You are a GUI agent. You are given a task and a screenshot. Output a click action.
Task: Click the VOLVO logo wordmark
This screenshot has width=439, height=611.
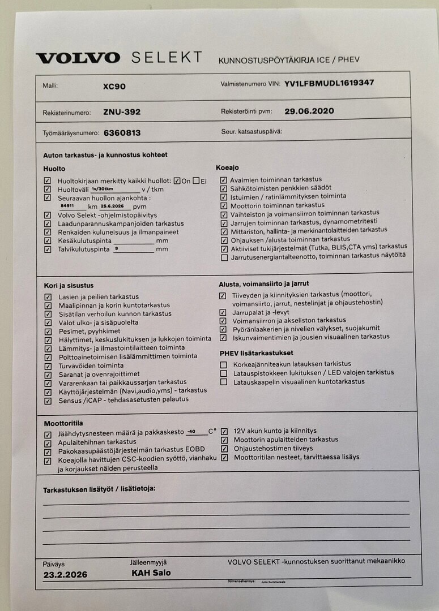[x=78, y=58]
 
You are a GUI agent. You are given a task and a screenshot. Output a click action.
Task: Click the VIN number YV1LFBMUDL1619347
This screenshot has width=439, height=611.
[x=329, y=83]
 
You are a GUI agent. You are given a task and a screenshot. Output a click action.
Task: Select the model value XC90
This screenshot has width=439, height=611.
[x=114, y=87]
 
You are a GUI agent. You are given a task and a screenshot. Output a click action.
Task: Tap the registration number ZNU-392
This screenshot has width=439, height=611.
[x=122, y=112]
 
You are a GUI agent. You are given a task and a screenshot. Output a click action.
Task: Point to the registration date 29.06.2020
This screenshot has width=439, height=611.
[x=309, y=111]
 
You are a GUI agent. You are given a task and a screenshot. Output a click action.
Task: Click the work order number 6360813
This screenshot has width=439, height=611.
[x=122, y=133]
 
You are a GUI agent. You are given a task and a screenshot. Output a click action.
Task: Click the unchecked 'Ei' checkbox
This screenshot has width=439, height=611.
[x=196, y=181]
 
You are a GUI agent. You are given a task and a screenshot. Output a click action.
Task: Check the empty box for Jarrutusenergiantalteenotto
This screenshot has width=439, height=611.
[x=225, y=257]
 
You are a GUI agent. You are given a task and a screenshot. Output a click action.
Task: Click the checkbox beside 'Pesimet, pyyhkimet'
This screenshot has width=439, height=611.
[x=48, y=332]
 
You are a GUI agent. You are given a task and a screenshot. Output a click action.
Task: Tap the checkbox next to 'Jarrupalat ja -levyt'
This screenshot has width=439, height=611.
[x=223, y=312]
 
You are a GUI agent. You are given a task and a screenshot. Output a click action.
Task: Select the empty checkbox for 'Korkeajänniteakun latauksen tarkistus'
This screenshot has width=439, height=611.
[x=224, y=365]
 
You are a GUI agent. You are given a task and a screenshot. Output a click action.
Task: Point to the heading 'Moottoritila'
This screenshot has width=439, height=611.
[x=63, y=423]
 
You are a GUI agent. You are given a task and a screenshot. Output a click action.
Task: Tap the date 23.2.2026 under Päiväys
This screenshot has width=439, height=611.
[x=65, y=575]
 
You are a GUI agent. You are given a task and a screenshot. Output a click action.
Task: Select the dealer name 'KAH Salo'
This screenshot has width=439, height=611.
[x=151, y=573]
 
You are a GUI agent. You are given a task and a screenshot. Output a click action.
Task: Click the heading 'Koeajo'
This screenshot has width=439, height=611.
[x=227, y=167]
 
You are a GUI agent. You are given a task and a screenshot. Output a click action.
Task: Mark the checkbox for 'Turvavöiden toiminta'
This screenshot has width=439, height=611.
[x=48, y=366]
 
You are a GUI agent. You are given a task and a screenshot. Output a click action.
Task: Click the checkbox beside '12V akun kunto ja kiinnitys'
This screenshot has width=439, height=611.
[x=224, y=431]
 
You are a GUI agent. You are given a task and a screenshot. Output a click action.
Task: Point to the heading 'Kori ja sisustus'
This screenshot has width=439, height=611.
[x=69, y=286]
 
